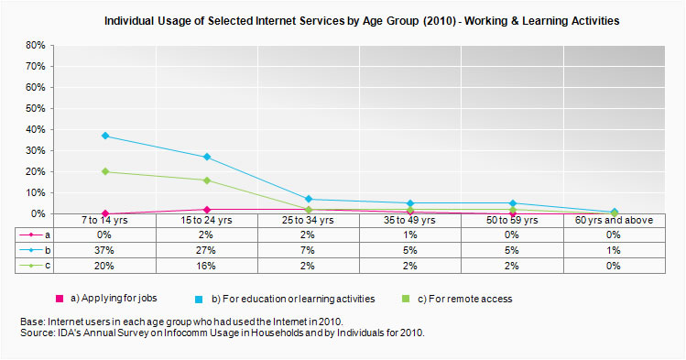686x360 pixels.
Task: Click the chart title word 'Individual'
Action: click(x=132, y=19)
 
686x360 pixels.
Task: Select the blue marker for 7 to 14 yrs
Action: click(x=105, y=136)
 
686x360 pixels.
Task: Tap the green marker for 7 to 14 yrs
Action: click(x=105, y=171)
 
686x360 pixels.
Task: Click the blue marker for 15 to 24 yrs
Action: click(x=207, y=157)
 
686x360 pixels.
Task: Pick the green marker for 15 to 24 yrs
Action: click(x=207, y=180)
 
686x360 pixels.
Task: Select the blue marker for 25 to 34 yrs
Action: click(x=309, y=199)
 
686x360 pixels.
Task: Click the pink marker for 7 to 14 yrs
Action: click(x=105, y=213)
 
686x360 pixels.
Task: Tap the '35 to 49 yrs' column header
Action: click(x=410, y=220)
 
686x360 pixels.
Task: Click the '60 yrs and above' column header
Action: click(x=614, y=220)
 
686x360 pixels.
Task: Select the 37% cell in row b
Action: click(x=105, y=250)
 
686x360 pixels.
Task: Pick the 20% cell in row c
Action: click(x=105, y=266)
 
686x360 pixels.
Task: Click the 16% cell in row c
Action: click(x=207, y=266)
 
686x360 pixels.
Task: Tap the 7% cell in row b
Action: click(x=309, y=250)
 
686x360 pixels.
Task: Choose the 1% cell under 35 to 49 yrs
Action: click(x=410, y=235)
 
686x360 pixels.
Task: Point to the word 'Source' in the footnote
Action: click(x=38, y=333)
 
